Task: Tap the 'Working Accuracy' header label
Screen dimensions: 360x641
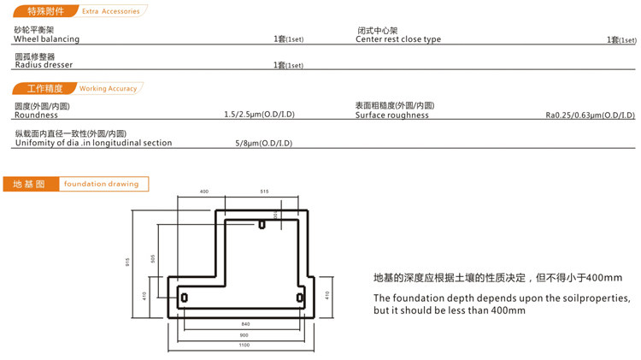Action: (108, 88)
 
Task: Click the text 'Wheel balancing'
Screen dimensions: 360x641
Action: (47, 39)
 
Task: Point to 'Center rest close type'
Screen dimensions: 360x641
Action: (398, 39)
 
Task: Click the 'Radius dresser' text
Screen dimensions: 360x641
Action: (44, 65)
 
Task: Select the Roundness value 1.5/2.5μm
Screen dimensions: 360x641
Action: (258, 115)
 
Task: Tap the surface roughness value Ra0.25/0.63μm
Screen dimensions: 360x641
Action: (590, 115)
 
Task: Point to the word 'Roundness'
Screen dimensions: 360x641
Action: (36, 115)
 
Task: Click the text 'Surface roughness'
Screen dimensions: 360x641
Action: (392, 115)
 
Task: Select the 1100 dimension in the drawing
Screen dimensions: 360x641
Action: (245, 345)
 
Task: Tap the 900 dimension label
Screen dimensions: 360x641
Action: (245, 334)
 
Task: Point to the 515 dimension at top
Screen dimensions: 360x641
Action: (264, 192)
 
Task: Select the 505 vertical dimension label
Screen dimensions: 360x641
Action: (153, 258)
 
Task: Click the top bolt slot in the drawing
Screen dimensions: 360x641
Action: (262, 225)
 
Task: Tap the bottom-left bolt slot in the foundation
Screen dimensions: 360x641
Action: (183, 297)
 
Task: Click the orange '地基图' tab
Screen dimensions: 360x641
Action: (29, 184)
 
